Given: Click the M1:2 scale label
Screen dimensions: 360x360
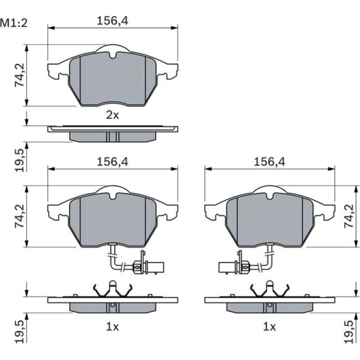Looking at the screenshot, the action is (x=14, y=23).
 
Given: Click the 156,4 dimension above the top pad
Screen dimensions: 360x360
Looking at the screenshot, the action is (x=113, y=21).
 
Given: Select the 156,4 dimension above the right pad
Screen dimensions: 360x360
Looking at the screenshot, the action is (x=269, y=162).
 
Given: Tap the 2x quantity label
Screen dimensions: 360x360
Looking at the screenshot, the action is (x=113, y=115).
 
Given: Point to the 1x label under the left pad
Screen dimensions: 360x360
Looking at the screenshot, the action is (x=113, y=327).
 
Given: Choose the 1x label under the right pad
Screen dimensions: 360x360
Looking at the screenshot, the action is (x=269, y=327).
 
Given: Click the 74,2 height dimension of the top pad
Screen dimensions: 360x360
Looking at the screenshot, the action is (x=20, y=74).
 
